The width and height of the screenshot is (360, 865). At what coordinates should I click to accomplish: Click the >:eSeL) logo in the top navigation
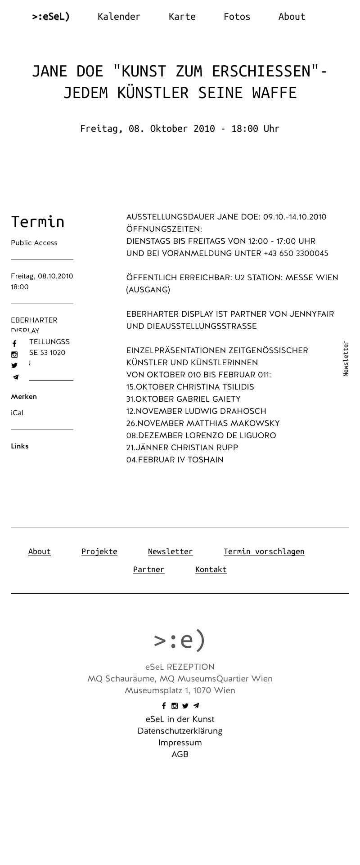click(x=51, y=17)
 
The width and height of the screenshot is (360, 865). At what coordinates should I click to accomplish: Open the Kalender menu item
click(x=119, y=17)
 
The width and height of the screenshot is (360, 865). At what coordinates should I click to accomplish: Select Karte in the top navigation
click(x=182, y=17)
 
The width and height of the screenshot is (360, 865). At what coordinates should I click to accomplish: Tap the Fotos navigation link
click(x=237, y=17)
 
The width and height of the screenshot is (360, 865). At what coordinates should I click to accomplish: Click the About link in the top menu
click(x=292, y=17)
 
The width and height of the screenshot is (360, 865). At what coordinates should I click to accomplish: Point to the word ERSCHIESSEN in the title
click(x=261, y=71)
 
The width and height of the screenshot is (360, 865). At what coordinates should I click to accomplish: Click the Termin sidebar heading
click(x=38, y=222)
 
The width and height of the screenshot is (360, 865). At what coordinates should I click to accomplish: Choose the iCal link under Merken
click(x=17, y=413)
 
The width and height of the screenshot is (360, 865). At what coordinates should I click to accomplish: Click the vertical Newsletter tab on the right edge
click(x=346, y=359)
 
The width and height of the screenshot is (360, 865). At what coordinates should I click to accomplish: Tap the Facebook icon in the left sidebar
click(x=14, y=344)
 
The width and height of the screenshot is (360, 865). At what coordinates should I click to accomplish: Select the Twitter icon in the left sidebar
click(x=14, y=366)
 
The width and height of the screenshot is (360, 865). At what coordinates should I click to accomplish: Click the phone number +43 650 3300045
click(x=296, y=253)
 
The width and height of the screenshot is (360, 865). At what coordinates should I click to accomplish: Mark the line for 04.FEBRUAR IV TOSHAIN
click(x=175, y=460)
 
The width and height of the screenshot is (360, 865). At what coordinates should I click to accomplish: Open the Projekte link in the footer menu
click(x=99, y=551)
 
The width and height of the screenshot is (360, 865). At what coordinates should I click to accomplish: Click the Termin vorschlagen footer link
click(x=264, y=551)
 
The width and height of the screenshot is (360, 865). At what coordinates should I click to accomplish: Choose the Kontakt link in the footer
click(x=211, y=569)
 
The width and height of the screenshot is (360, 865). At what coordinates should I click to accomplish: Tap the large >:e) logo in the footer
click(x=180, y=640)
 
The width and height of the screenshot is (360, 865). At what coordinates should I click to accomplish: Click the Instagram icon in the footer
click(x=175, y=706)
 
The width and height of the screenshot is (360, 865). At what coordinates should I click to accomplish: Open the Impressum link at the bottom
click(x=180, y=743)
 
